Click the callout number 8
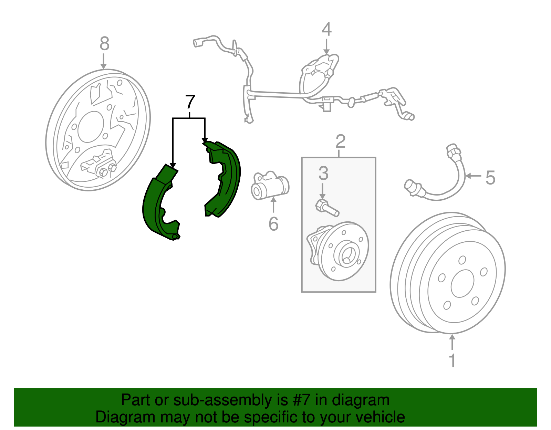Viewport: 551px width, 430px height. coord(104,44)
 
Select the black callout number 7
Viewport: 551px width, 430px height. coord(190,102)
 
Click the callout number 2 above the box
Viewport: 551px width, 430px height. coord(340,141)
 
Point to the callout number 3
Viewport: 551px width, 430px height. coord(323,174)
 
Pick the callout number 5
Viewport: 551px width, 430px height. coord(490,178)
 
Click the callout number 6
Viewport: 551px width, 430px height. coord(273,224)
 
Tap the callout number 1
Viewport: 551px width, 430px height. coord(452,360)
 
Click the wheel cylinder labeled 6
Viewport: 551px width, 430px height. coord(270,187)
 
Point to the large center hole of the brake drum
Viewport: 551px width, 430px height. coord(462,283)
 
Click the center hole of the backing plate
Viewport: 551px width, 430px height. coord(91,127)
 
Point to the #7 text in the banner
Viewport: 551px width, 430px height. coord(302,400)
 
